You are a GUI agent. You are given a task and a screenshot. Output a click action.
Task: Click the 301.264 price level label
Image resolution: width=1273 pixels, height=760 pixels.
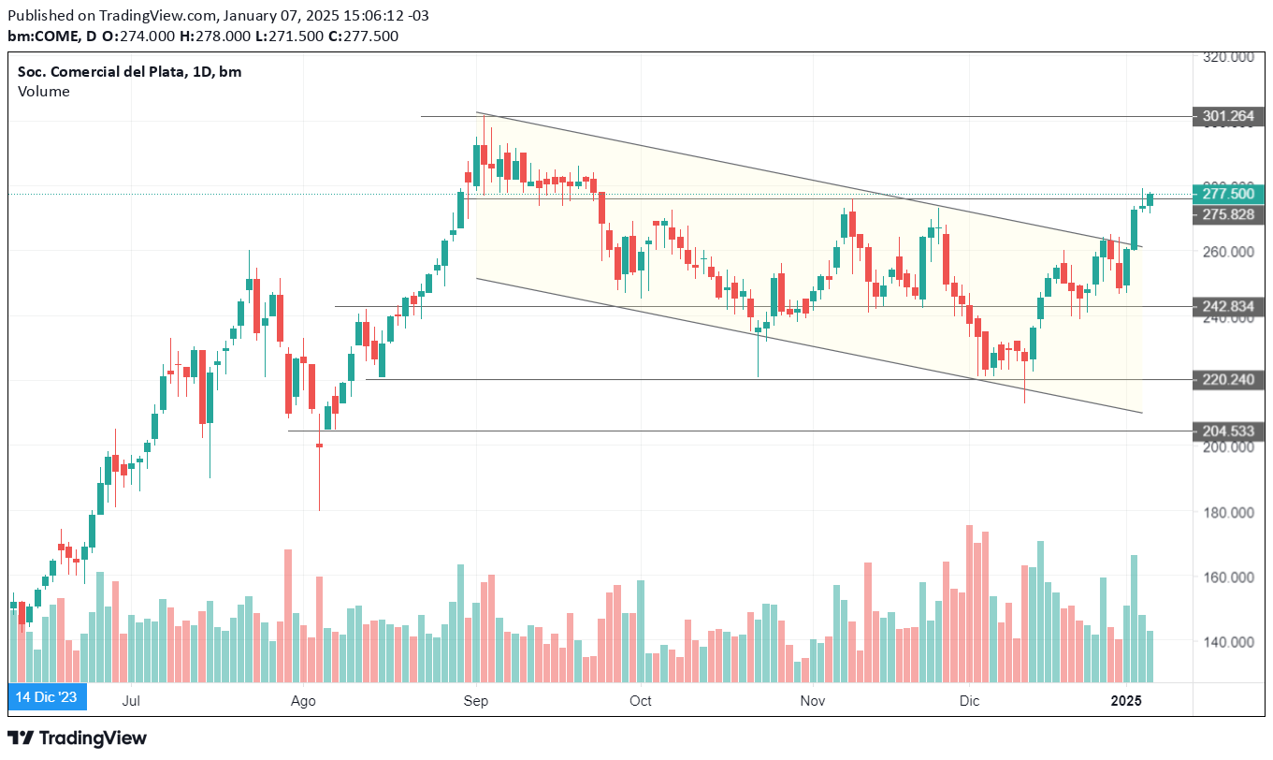(x=1228, y=117)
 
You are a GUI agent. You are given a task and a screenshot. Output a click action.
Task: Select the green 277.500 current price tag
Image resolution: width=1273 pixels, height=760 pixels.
(x=1228, y=194)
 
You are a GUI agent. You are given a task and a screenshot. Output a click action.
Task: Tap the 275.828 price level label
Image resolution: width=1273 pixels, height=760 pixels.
(x=1228, y=214)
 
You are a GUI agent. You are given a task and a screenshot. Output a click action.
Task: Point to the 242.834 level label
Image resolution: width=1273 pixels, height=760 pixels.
(x=1228, y=306)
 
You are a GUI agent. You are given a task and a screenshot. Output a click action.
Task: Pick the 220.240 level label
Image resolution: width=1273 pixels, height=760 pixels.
(x=1228, y=379)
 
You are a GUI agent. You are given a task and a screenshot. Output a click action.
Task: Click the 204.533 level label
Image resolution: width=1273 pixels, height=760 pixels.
(x=1228, y=431)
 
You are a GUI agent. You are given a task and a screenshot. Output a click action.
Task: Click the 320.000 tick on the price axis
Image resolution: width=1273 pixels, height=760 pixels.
(x=1228, y=57)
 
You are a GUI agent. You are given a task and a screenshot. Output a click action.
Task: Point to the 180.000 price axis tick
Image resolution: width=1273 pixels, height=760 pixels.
(x=1228, y=513)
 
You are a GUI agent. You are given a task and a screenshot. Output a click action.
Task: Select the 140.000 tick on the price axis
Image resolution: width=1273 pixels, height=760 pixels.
(x=1228, y=642)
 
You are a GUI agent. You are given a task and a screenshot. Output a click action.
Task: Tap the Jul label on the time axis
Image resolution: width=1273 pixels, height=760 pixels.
(x=131, y=700)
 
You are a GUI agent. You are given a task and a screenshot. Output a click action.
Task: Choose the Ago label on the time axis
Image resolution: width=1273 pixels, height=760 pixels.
(x=303, y=700)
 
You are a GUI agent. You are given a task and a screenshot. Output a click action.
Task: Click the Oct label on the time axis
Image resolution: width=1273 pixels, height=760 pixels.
(x=640, y=700)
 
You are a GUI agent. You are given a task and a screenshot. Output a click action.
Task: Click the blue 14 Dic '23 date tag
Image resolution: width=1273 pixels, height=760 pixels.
(x=48, y=697)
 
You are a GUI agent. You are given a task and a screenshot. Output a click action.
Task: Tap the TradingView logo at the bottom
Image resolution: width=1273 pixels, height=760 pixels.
(x=78, y=738)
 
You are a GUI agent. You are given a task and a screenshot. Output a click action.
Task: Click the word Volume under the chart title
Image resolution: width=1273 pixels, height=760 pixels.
(x=43, y=92)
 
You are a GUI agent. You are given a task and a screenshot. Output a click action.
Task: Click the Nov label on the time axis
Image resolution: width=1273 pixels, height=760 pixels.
(x=814, y=700)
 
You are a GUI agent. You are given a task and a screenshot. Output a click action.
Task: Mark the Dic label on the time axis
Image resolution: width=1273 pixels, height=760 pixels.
(x=969, y=700)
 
